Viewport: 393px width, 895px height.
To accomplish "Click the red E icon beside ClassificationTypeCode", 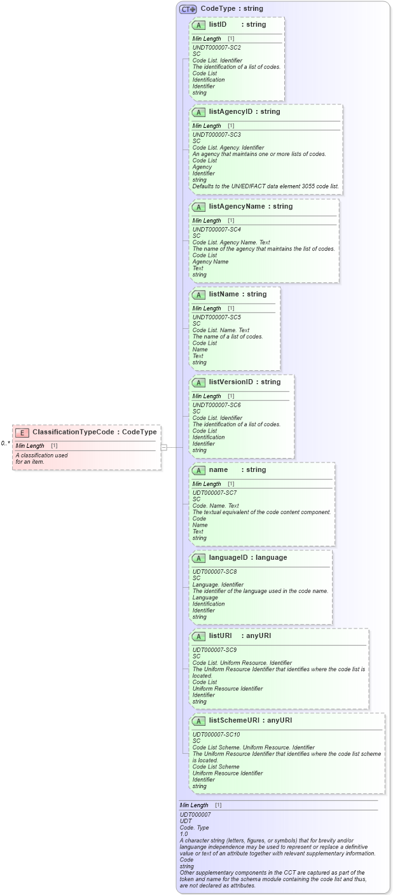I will click(22, 432).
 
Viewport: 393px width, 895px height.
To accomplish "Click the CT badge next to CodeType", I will click(188, 9).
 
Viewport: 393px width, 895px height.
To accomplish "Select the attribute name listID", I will click(217, 24).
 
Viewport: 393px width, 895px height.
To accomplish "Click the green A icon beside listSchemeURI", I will click(198, 721).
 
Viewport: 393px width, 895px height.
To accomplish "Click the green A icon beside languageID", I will click(198, 558).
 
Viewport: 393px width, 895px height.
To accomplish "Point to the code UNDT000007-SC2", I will click(216, 48).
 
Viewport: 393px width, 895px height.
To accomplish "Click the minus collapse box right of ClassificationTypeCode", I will click(163, 447).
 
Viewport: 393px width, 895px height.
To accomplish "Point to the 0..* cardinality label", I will click(5, 443).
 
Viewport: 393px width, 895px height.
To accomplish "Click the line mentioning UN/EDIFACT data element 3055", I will click(266, 186).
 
